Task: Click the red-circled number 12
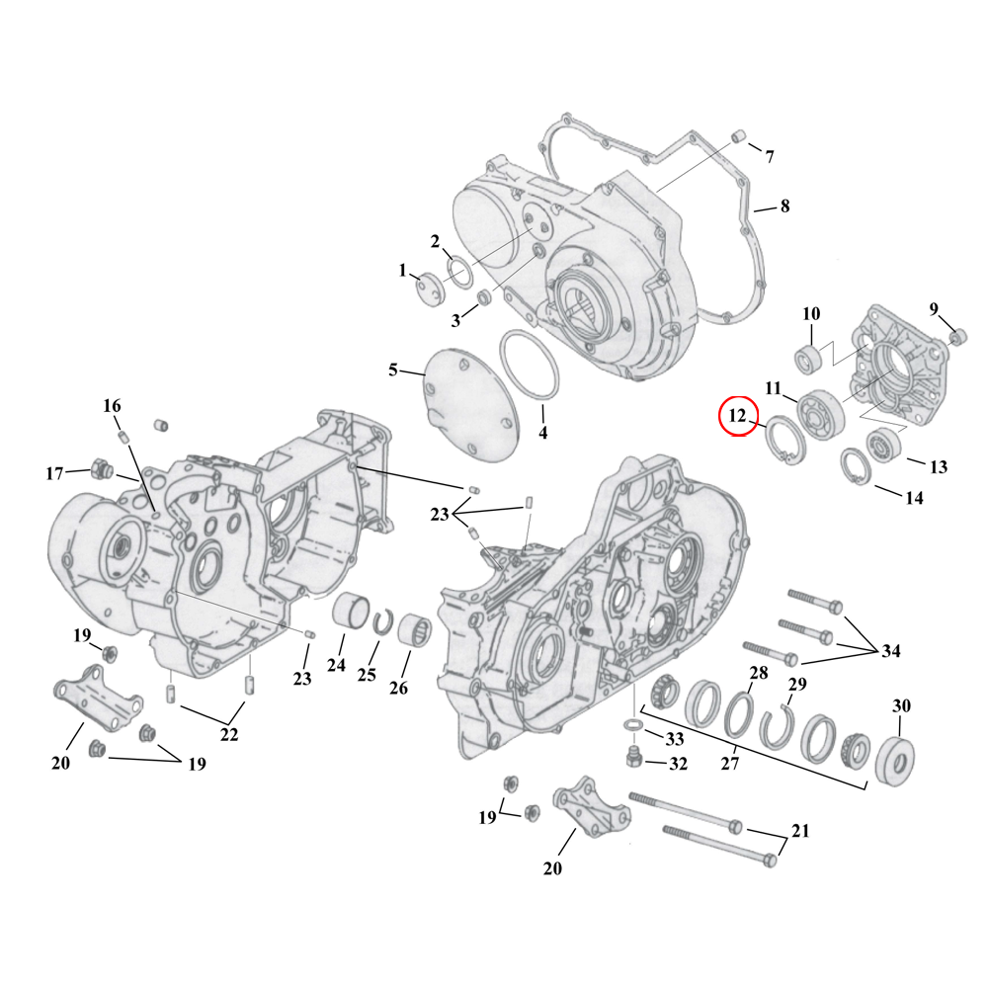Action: point(737,416)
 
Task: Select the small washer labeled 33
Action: point(632,730)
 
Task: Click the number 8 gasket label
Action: point(784,206)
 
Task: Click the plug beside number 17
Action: point(101,466)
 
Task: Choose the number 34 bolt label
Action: point(891,651)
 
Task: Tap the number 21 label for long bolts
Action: point(800,831)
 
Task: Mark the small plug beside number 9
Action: point(956,339)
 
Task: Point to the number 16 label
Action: point(112,406)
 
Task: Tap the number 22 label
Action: point(229,734)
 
